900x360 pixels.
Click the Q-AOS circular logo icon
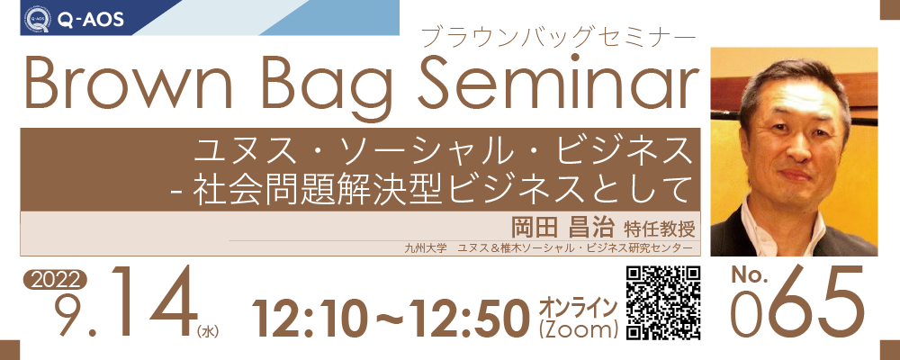pyautogui.click(x=37, y=19)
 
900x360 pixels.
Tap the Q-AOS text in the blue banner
pyautogui.click(x=91, y=20)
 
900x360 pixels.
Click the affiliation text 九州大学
pyautogui.click(x=421, y=248)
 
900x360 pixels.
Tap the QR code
pyautogui.click(x=663, y=303)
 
